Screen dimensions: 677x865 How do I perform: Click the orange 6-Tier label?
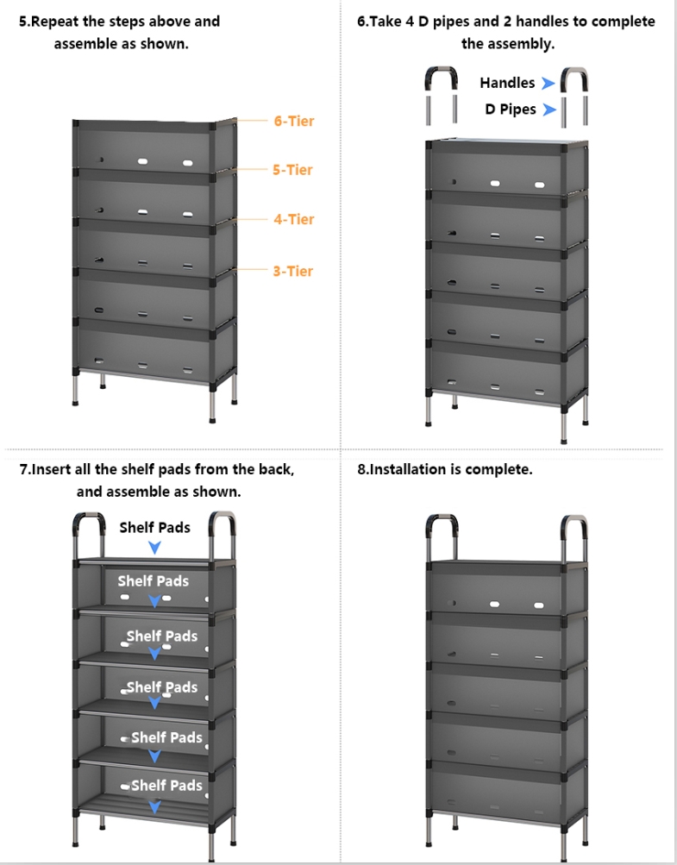294,121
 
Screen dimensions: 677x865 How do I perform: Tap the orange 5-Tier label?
292,170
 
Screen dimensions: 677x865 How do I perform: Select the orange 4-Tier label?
294,220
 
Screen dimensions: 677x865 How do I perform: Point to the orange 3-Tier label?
293,272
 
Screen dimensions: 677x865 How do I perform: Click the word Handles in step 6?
507,83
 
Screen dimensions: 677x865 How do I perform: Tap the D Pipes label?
511,110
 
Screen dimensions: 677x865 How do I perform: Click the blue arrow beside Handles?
548,84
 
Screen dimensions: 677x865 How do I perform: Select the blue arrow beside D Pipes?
549,110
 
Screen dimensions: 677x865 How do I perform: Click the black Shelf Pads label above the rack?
154,528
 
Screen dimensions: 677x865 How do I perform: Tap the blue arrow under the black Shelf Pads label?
154,548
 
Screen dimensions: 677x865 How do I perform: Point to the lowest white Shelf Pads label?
166,786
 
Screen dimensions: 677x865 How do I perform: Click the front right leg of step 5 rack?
212,402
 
